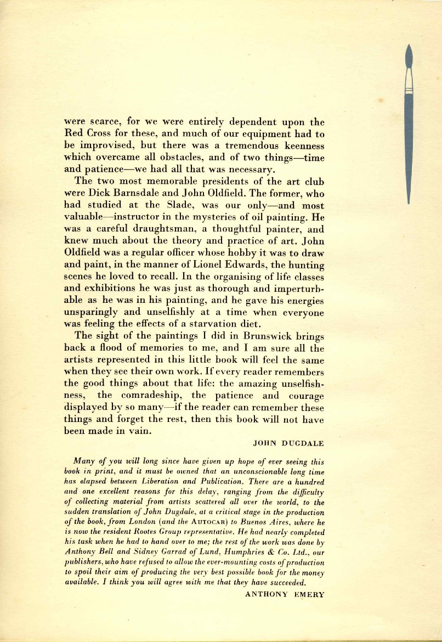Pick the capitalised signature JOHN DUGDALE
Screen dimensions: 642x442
pos(289,441)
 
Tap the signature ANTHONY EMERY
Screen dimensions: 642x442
pos(284,593)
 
